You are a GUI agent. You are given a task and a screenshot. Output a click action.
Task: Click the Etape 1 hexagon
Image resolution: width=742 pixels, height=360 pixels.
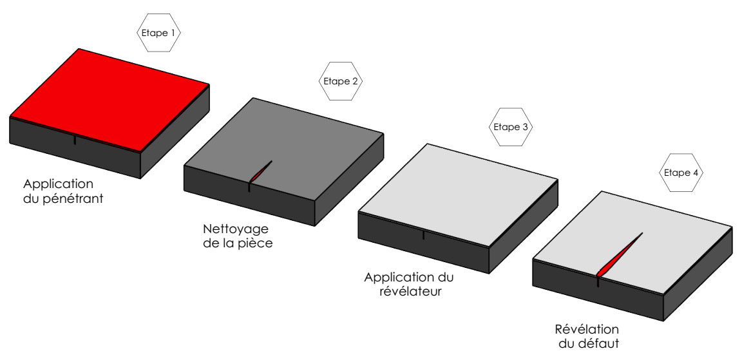(x=158, y=31)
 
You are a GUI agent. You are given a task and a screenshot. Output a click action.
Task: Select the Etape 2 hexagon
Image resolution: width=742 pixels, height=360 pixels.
(x=341, y=81)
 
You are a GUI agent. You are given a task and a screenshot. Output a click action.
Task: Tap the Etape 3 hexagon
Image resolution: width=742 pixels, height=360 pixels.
(x=511, y=127)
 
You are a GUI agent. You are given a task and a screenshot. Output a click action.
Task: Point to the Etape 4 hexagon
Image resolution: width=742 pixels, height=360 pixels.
(x=681, y=173)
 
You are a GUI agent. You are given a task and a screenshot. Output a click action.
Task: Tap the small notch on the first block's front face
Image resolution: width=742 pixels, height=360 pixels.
(x=75, y=140)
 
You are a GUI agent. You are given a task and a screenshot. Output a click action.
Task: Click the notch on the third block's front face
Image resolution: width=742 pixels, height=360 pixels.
(x=423, y=235)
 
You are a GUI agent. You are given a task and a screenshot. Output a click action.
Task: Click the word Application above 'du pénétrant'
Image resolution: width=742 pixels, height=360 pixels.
(x=59, y=183)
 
